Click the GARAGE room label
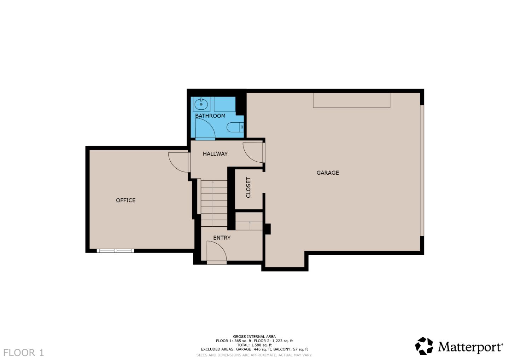pyautogui.click(x=327, y=173)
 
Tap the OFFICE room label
pyautogui.click(x=125, y=200)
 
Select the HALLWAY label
pyautogui.click(x=215, y=153)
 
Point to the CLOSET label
pyautogui.click(x=248, y=187)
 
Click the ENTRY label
pyautogui.click(x=222, y=238)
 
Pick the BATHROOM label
pyautogui.click(x=210, y=116)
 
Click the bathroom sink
pyautogui.click(x=201, y=104)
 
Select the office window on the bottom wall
pyautogui.click(x=115, y=251)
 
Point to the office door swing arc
pyautogui.click(x=179, y=162)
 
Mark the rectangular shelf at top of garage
pyautogui.click(x=351, y=100)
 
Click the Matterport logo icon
pyautogui.click(x=424, y=346)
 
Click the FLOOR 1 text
pyautogui.click(x=24, y=353)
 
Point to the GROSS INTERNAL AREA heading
pyautogui.click(x=254, y=337)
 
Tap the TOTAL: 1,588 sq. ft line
pyautogui.click(x=254, y=345)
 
